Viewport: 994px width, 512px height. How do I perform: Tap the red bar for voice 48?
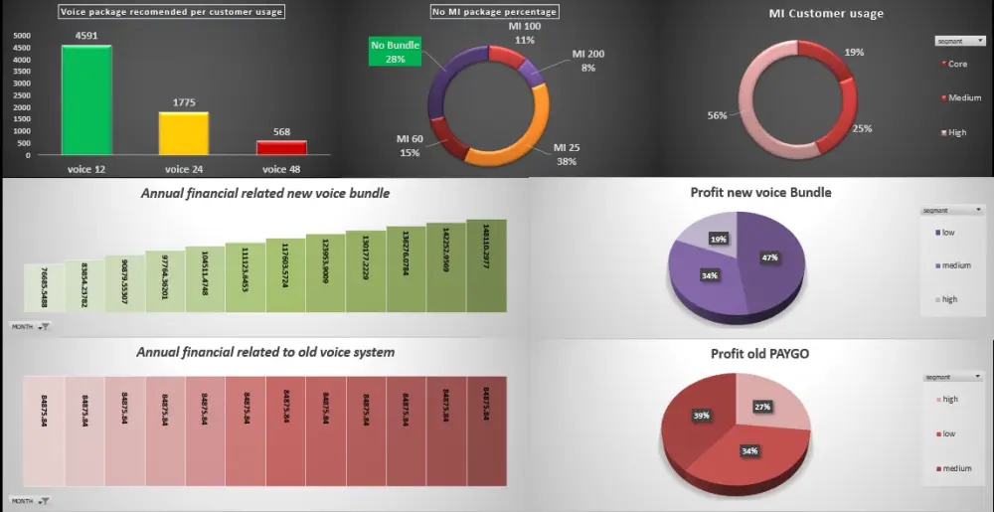click(x=281, y=147)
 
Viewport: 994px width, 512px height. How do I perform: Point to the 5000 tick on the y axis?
click(x=22, y=35)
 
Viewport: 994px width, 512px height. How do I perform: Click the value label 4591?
click(x=86, y=36)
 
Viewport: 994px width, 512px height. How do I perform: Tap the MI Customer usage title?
click(x=826, y=14)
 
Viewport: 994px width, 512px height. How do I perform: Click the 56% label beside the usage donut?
click(x=718, y=114)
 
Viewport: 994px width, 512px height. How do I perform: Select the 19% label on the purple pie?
click(x=718, y=240)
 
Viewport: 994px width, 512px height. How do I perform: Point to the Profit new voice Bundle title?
click(x=760, y=192)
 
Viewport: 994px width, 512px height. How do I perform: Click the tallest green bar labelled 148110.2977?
click(x=486, y=262)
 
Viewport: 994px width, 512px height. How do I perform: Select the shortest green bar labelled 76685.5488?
click(x=44, y=287)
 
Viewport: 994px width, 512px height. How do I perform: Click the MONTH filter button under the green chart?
click(x=31, y=325)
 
